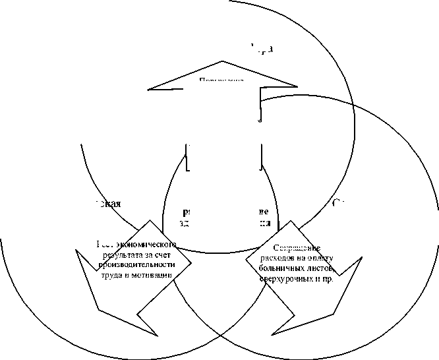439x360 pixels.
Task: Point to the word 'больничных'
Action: (283, 268)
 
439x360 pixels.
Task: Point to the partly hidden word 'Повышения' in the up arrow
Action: (221, 80)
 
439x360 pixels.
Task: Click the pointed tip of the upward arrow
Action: (222, 61)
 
